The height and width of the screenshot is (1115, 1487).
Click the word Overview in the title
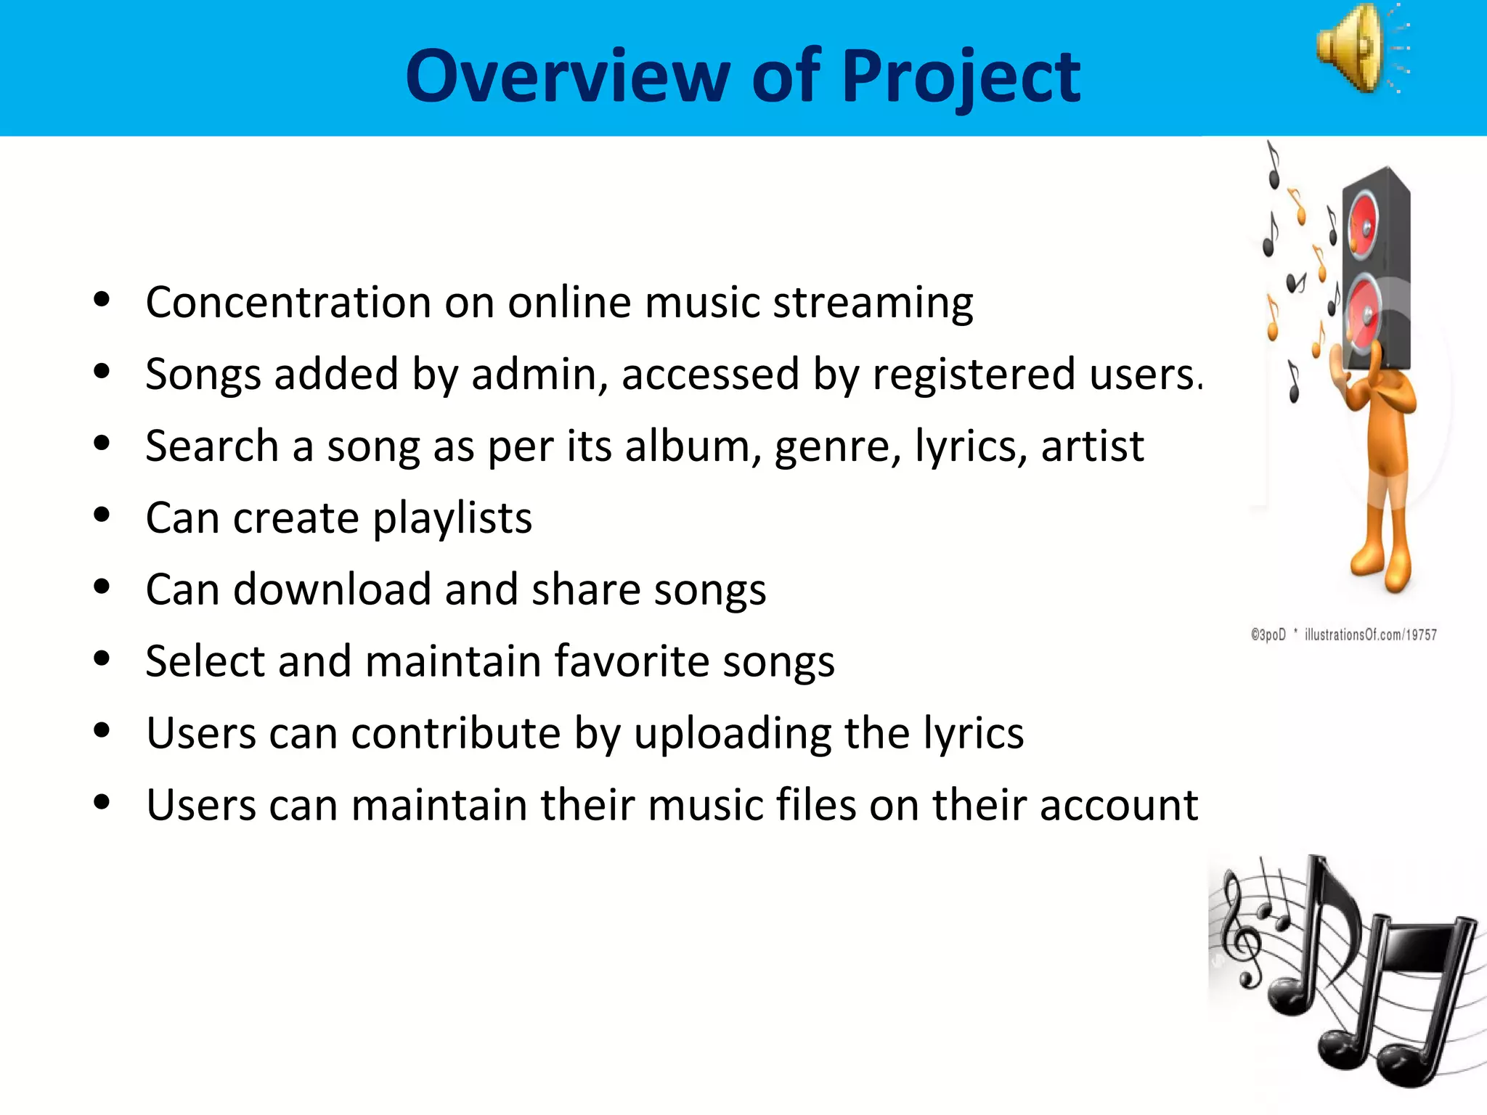[x=567, y=75]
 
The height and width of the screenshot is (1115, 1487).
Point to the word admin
[x=539, y=375]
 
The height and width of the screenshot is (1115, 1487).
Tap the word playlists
[x=452, y=518]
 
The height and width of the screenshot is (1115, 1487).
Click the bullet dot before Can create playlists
[x=102, y=515]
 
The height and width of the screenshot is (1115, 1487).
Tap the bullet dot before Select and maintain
[x=102, y=658]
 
